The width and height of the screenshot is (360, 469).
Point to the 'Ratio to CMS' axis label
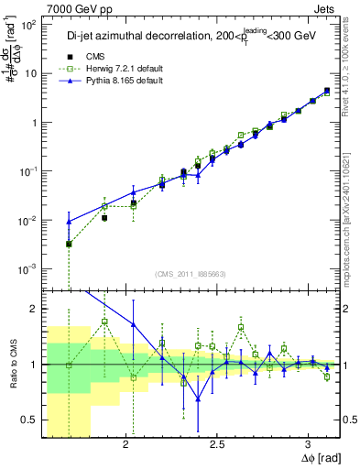[13, 364]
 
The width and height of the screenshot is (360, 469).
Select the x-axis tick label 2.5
[217, 445]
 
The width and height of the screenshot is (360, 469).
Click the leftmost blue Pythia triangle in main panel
[69, 222]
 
